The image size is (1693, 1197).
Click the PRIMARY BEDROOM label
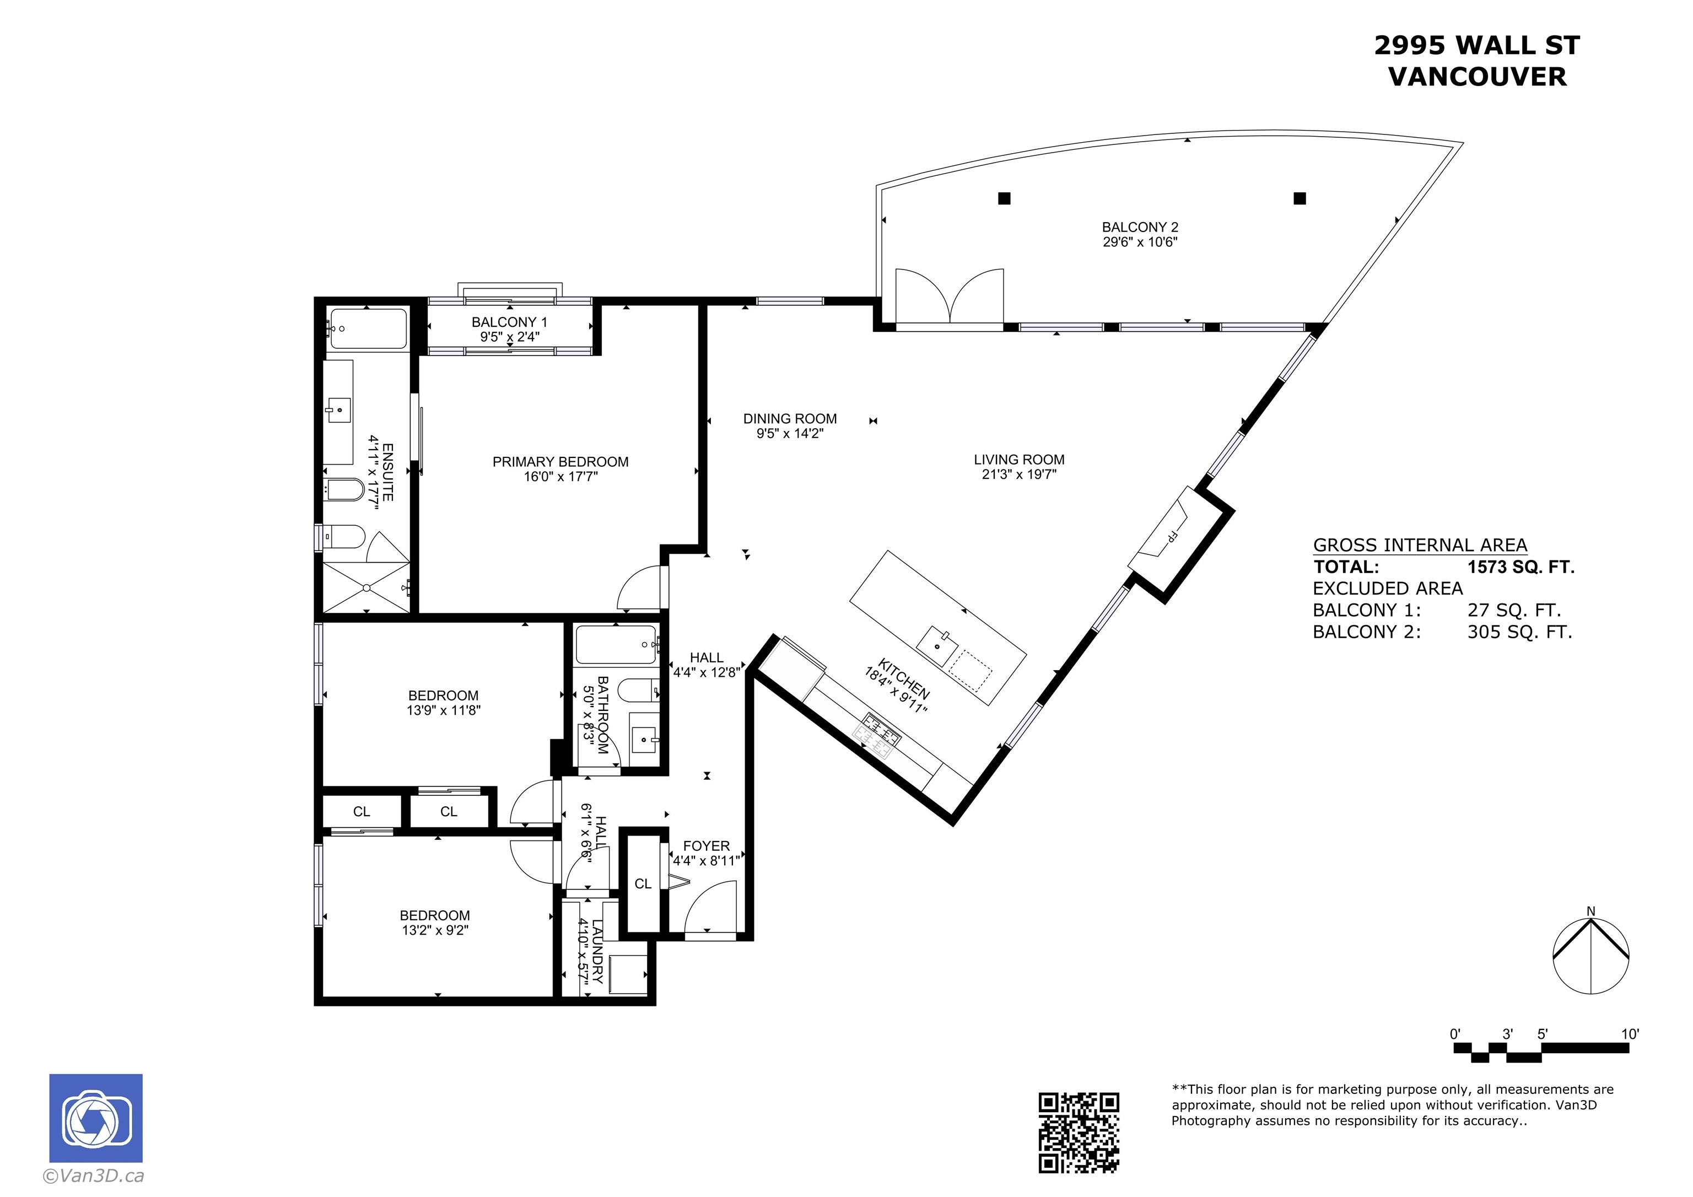pos(560,462)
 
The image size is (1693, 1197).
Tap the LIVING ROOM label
pos(1019,460)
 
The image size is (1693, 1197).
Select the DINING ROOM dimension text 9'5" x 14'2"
pos(790,434)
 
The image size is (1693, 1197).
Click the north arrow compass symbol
pos(1590,957)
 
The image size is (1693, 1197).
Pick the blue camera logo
pos(96,1118)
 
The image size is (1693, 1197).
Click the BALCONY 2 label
pos(1140,227)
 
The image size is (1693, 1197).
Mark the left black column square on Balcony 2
pos(1004,198)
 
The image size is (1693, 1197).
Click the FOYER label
pos(707,846)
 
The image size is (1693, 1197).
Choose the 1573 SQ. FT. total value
pos(1521,567)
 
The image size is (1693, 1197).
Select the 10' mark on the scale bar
pos(1630,1034)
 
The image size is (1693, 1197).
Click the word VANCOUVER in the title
pos(1478,77)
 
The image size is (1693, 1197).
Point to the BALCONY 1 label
pos(510,322)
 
